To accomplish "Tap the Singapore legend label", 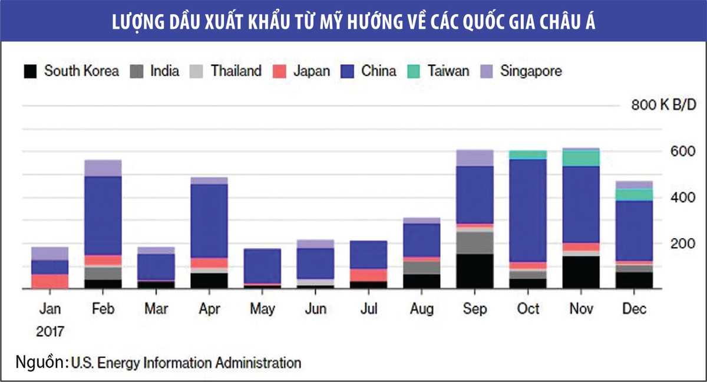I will coord(531,71).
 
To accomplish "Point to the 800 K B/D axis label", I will coord(663,105).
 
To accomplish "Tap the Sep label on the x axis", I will coord(474,309).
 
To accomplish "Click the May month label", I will coord(262,309).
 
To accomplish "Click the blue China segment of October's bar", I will coord(528,209).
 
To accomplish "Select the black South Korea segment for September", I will coord(474,271).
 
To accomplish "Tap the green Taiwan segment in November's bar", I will coord(581,158).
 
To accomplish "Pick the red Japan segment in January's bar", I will coord(50,281).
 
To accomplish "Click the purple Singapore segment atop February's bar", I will coord(103,168).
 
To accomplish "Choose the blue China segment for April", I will coord(209,221).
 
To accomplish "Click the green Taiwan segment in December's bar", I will coord(634,195).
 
